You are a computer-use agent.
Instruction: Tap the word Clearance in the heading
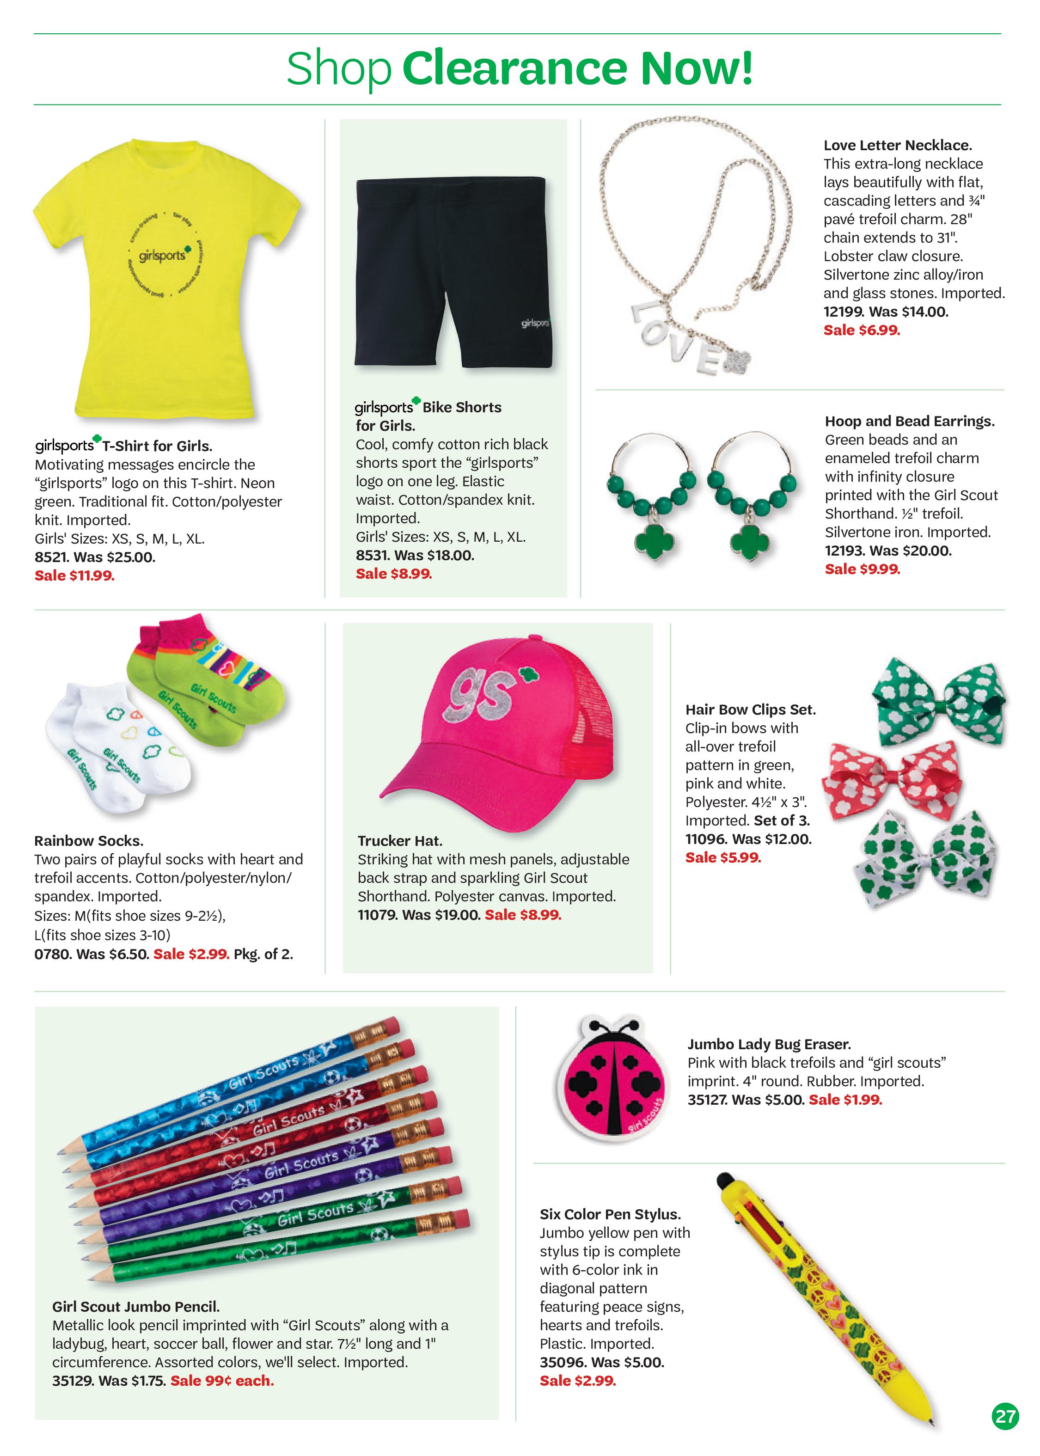coord(515,68)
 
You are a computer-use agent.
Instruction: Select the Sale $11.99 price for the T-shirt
coord(74,575)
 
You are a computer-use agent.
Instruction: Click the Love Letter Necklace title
coord(897,145)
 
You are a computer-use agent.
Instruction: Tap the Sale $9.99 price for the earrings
coord(862,569)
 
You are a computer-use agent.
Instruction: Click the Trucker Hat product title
coord(400,841)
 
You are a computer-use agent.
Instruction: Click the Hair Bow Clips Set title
coord(750,710)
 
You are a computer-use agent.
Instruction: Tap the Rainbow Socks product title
coord(88,841)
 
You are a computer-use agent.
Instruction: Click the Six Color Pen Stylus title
coord(610,1214)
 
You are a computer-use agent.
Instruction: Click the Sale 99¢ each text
coord(221,1381)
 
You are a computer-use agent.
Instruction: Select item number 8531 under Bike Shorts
coord(372,555)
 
